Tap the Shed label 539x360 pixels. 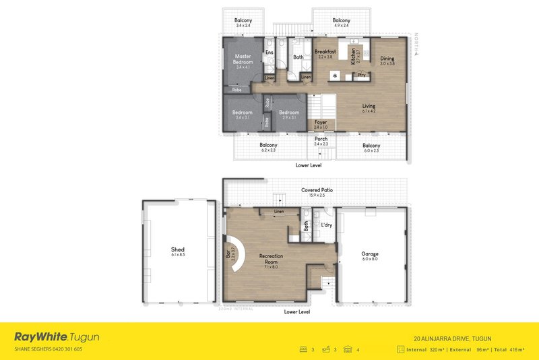[x=178, y=249]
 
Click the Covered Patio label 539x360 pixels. [x=315, y=191]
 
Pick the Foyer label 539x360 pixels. [x=321, y=123]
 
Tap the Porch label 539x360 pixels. [x=321, y=139]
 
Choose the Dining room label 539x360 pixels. [x=387, y=59]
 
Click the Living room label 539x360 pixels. [x=369, y=107]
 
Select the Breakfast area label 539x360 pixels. [x=326, y=51]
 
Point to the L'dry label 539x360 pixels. [x=327, y=224]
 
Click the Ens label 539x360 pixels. [x=269, y=52]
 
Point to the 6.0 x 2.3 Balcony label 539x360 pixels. [x=371, y=146]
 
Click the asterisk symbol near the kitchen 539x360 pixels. [x=335, y=76]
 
